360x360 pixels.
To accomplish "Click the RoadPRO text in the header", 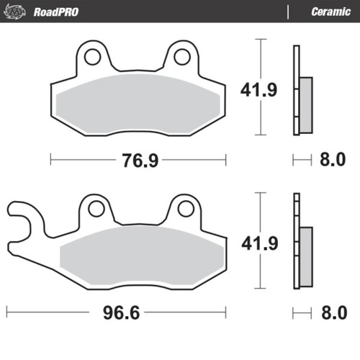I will [x=56, y=12].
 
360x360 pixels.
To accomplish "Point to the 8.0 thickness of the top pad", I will [x=333, y=160].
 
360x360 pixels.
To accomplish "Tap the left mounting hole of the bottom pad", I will [x=94, y=209].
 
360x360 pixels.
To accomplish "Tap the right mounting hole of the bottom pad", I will [x=186, y=209].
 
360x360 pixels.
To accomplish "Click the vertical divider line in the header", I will [x=288, y=12].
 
